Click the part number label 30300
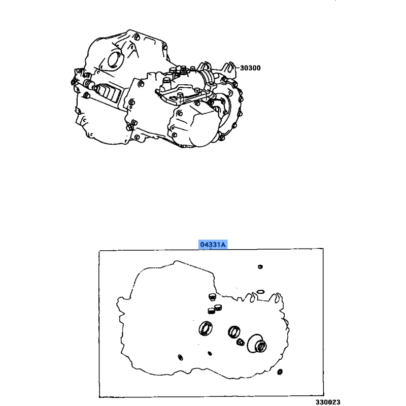[x=250, y=68]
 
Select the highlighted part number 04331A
[x=213, y=244]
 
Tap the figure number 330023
[x=327, y=402]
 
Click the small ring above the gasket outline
[x=260, y=267]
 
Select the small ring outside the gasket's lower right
[x=280, y=372]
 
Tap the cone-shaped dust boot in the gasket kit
[x=257, y=344]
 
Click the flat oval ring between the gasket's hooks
[x=260, y=292]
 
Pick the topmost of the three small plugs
[x=212, y=297]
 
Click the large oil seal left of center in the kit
[x=206, y=329]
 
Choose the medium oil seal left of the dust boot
[x=234, y=332]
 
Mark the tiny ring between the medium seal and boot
[x=240, y=342]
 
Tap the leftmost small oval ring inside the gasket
[x=181, y=357]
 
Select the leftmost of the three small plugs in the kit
[x=212, y=311]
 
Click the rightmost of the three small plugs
[x=218, y=308]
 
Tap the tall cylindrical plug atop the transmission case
[x=166, y=82]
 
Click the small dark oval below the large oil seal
[x=210, y=353]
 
